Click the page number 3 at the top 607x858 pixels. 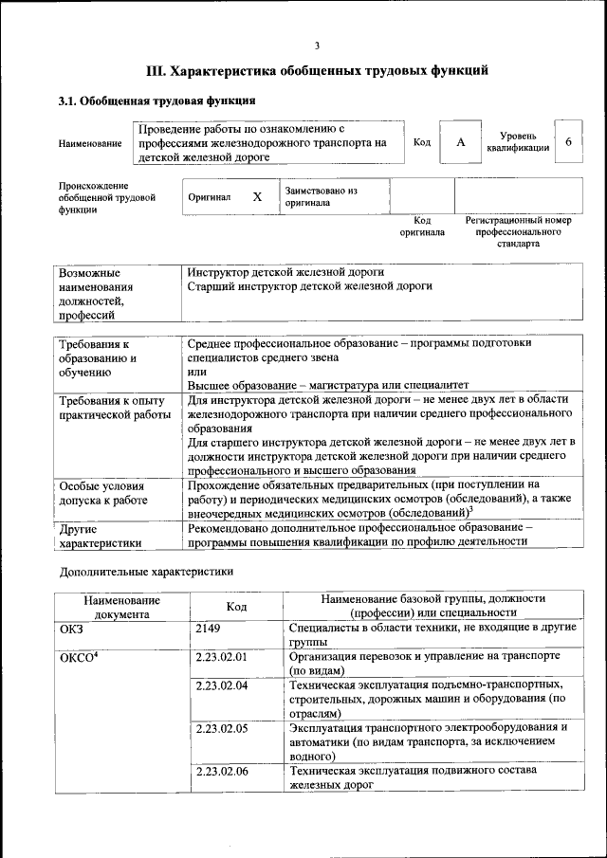tap(317, 45)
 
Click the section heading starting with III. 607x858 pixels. tap(317, 70)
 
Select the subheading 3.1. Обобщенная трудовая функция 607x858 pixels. tap(156, 100)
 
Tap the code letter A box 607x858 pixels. tap(461, 142)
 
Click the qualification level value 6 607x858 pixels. tap(568, 141)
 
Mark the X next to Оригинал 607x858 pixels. tap(257, 197)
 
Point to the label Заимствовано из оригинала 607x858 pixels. tap(321, 196)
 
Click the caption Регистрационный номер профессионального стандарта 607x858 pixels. tap(518, 231)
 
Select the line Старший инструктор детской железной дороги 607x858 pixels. tap(309, 285)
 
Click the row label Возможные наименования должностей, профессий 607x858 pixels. tap(96, 293)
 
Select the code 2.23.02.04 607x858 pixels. tap(221, 685)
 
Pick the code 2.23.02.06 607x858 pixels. tap(221, 772)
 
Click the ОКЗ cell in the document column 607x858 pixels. tap(72, 629)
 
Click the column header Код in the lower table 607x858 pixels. tap(237, 607)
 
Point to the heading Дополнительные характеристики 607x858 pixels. tap(146, 572)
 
